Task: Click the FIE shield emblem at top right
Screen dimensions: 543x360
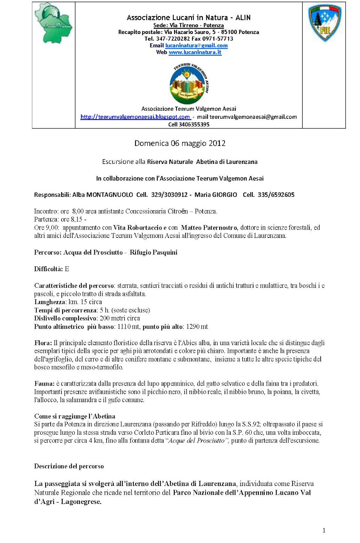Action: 325,23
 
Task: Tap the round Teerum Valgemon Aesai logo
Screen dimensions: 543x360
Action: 188,83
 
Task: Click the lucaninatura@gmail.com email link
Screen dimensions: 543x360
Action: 196,45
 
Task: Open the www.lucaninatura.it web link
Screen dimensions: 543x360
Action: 195,52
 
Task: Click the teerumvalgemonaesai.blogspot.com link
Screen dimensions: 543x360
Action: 135,117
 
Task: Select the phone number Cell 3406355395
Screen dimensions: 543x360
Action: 189,125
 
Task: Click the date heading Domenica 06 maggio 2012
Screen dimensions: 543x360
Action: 180,143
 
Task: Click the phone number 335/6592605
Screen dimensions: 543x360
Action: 276,195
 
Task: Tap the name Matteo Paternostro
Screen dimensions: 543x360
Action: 209,228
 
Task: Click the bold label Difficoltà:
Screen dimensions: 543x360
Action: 49,269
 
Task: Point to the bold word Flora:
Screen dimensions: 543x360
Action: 43,343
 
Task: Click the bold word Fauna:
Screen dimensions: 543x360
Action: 44,384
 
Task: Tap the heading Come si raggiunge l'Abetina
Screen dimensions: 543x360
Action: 75,416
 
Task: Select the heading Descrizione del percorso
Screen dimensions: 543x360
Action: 69,466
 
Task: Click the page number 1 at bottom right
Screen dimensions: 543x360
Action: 324,531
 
